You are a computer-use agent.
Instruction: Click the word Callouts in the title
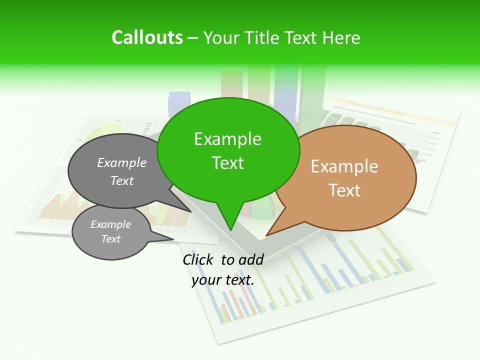click(147, 37)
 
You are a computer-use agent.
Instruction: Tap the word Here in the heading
click(342, 37)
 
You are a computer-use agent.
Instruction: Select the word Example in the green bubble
click(227, 139)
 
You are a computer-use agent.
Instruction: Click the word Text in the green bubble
click(227, 162)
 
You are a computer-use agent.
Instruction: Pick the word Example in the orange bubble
click(344, 166)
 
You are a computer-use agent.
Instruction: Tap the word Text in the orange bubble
click(344, 190)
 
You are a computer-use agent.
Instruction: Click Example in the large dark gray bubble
click(122, 162)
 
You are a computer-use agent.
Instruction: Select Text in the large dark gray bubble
click(122, 180)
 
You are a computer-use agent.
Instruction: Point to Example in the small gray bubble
click(110, 224)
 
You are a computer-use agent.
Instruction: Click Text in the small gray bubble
click(110, 239)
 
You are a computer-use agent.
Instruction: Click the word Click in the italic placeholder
click(199, 259)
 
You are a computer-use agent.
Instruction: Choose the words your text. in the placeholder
click(223, 279)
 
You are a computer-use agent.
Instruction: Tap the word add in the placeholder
click(250, 259)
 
